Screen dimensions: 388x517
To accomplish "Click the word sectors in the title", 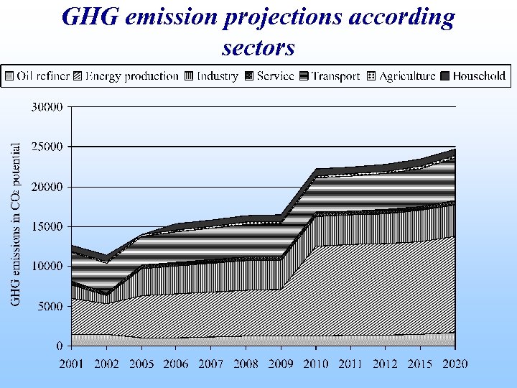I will point(258,47).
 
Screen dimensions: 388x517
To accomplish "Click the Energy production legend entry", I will point(126,76).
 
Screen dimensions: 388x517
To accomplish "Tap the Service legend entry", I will point(270,76).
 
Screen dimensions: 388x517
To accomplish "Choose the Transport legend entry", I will point(329,76).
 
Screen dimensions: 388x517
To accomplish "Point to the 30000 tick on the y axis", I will point(46,107).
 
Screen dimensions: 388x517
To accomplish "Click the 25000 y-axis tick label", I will point(46,147).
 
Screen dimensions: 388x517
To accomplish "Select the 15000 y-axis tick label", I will point(46,226).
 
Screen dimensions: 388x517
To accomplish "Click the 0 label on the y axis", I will point(60,346).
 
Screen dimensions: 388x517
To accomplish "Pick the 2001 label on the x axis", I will point(72,364).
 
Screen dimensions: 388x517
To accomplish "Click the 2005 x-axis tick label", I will point(141,364).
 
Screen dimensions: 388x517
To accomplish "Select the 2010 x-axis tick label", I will point(316,364).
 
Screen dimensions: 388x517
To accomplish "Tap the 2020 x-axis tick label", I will point(455,364).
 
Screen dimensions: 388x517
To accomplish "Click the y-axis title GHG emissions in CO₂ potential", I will point(15,223).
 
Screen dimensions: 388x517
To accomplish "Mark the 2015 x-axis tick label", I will point(421,364).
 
